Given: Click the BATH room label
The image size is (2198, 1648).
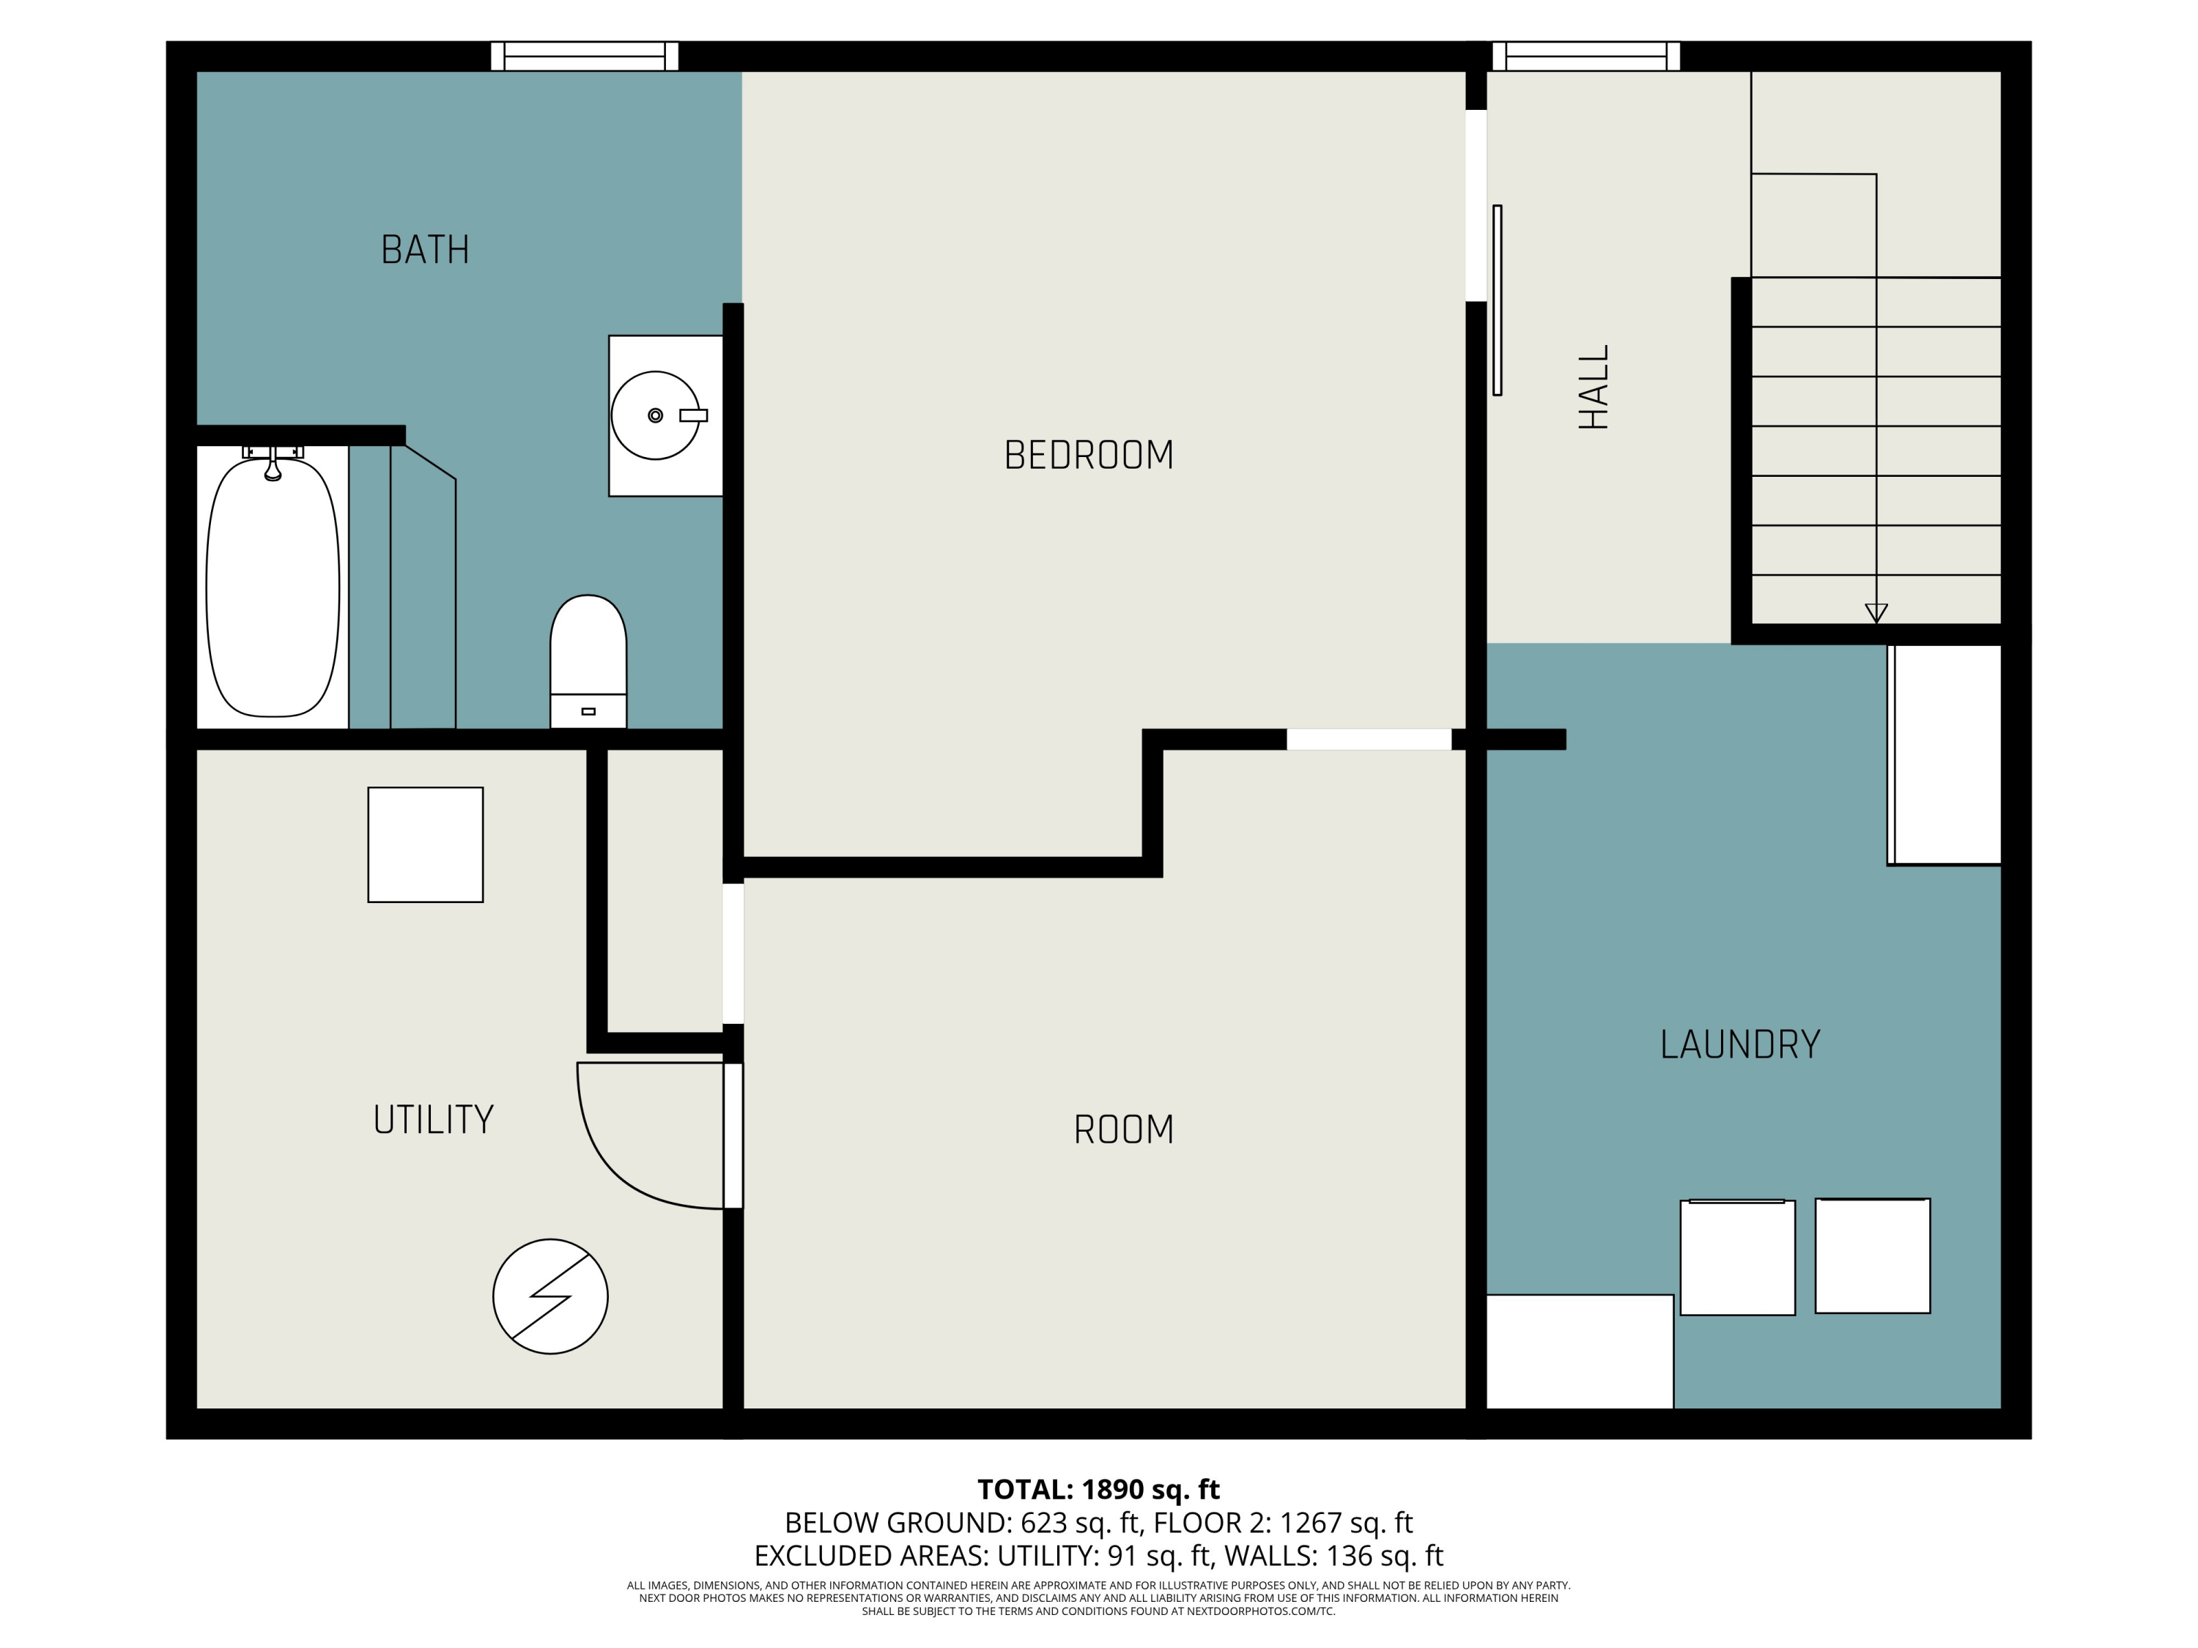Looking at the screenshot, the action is pyautogui.click(x=425, y=249).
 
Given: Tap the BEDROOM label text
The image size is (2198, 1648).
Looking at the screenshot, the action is pyautogui.click(x=1089, y=455).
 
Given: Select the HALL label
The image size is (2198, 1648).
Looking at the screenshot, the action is pyautogui.click(x=1594, y=387).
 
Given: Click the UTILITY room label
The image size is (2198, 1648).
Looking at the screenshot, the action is pyautogui.click(x=433, y=1119).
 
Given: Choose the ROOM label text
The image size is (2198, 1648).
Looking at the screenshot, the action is pyautogui.click(x=1124, y=1129).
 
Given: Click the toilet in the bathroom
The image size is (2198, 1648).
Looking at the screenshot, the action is pyautogui.click(x=588, y=661).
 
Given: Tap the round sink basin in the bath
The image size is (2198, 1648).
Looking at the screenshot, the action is pyautogui.click(x=656, y=415).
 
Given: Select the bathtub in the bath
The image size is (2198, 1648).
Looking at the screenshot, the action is pyautogui.click(x=273, y=586).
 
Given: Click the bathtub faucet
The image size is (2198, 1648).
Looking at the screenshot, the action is pyautogui.click(x=273, y=463).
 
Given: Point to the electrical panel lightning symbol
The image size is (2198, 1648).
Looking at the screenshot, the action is pyautogui.click(x=550, y=1296).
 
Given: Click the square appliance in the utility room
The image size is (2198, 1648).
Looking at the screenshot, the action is pyautogui.click(x=425, y=845).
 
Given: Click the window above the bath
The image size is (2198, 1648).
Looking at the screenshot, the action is pyautogui.click(x=584, y=56).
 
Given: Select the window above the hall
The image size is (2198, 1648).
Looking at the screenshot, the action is pyautogui.click(x=1586, y=56).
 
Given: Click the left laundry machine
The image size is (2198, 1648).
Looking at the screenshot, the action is pyautogui.click(x=1738, y=1258).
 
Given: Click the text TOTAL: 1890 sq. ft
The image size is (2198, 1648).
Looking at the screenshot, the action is pyautogui.click(x=1098, y=1490).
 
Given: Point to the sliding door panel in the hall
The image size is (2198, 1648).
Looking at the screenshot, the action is pyautogui.click(x=1498, y=300).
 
